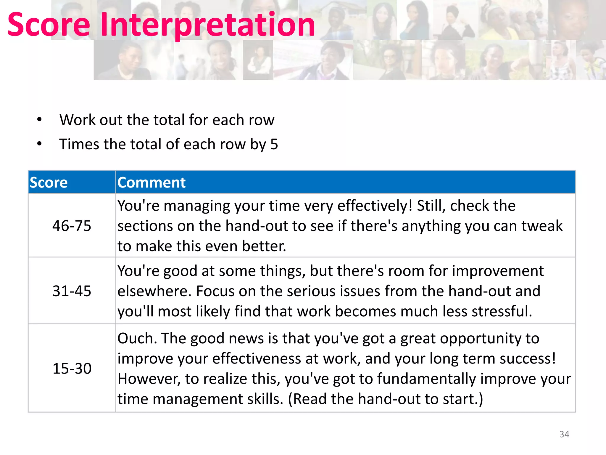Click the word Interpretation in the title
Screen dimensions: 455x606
208,25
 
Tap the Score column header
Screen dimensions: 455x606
49,182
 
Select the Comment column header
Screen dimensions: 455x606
151,182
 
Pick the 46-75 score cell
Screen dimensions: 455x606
72,226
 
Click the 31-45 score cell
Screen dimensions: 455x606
72,291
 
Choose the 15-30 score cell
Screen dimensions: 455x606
72,369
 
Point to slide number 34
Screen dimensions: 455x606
564,434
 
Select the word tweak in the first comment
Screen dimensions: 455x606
542,226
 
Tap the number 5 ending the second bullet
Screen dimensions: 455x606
274,144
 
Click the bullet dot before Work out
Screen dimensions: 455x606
39,120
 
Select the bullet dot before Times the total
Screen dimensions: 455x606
39,144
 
